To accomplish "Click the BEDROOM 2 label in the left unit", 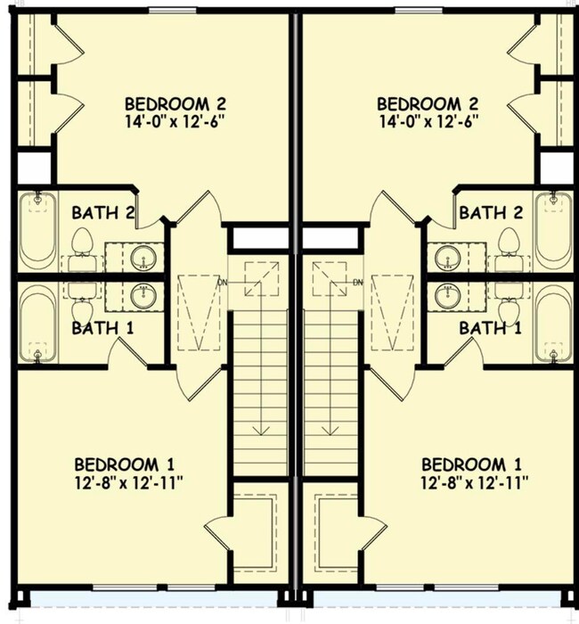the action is [x=175, y=104].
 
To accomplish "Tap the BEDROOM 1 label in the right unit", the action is [x=471, y=464].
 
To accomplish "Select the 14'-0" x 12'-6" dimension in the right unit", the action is [x=428, y=121].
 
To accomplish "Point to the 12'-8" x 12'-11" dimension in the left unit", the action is [x=128, y=483].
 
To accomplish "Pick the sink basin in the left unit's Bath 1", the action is [x=143, y=297].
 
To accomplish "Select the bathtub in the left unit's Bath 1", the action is [x=37, y=324].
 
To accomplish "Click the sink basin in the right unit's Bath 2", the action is [x=448, y=257].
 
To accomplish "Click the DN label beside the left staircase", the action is [x=223, y=283].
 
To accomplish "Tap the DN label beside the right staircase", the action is [x=358, y=283].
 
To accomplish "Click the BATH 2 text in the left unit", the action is [x=103, y=212].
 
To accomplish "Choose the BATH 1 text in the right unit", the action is [x=490, y=328].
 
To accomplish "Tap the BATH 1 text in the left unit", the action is [x=103, y=328].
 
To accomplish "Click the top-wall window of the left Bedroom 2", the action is [x=172, y=10].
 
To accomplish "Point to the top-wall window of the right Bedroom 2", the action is [x=419, y=10].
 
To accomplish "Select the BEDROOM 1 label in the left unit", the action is [x=125, y=464].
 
